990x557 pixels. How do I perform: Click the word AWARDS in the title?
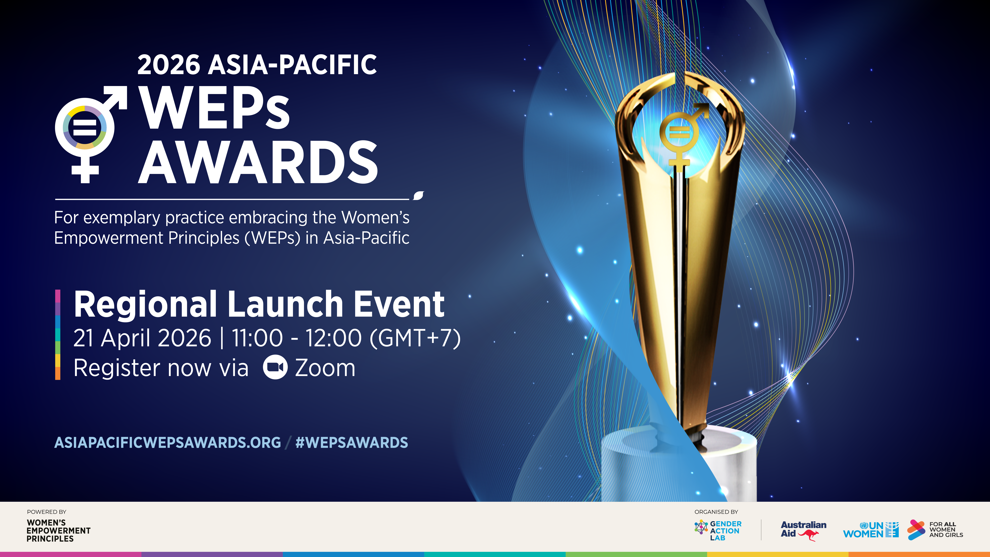point(258,162)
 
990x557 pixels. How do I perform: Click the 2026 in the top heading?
point(169,65)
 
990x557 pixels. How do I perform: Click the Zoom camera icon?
point(275,367)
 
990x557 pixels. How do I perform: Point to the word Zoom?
point(325,368)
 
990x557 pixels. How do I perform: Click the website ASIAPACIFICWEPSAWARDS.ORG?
point(168,443)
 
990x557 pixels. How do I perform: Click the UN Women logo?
point(871,530)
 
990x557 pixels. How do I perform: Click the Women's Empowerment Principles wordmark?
point(58,531)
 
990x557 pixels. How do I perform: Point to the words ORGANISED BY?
point(716,512)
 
